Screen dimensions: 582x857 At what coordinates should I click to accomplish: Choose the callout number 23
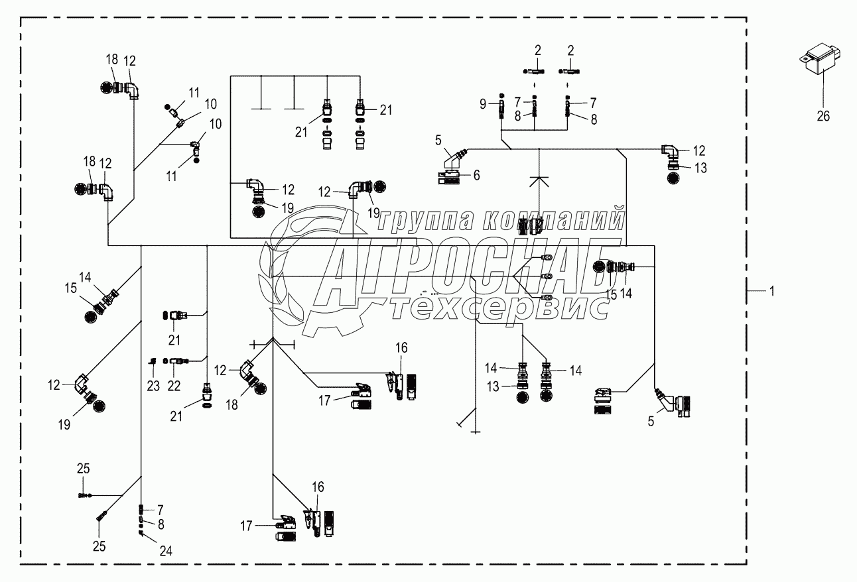(153, 386)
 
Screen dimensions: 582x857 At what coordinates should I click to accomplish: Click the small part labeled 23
(153, 361)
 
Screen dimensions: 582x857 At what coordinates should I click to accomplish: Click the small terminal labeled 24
(141, 533)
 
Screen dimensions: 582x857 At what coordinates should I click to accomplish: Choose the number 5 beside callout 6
(438, 140)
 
